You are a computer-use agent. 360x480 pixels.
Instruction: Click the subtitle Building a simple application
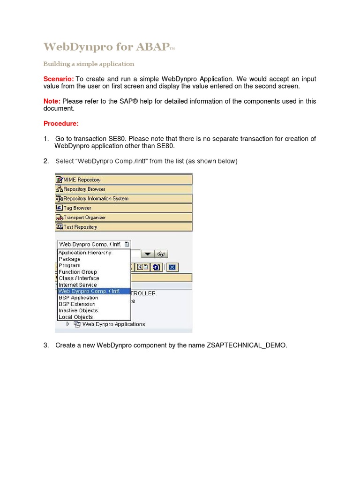(x=89, y=64)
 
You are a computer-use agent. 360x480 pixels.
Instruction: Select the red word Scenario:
(x=58, y=79)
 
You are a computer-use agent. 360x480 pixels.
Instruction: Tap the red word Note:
(x=52, y=101)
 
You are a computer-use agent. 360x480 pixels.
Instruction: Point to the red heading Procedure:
(x=61, y=124)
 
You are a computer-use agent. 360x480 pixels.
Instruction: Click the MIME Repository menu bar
(x=124, y=180)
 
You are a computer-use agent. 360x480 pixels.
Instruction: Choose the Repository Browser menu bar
(x=124, y=189)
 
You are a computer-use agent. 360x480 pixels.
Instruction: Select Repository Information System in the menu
(x=124, y=198)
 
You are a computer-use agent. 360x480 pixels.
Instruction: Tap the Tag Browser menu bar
(x=124, y=208)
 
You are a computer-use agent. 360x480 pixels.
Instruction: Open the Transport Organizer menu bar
(x=124, y=217)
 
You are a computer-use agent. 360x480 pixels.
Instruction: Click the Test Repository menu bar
(x=124, y=227)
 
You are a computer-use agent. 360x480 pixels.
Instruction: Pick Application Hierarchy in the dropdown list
(x=85, y=253)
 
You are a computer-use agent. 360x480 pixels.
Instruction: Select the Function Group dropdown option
(x=78, y=272)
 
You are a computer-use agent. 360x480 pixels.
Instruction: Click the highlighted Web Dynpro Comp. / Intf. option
(x=89, y=291)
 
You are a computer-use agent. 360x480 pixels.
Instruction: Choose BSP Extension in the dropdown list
(x=77, y=304)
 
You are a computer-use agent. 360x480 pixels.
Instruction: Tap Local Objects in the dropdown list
(x=76, y=317)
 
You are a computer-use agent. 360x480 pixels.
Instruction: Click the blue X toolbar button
(x=172, y=267)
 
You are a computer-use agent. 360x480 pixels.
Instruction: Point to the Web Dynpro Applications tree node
(x=113, y=324)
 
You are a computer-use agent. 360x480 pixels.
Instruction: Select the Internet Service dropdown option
(x=78, y=285)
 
